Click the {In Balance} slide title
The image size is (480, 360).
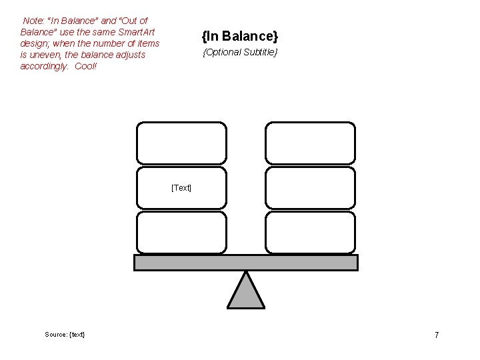239,35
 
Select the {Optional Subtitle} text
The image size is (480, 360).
239,52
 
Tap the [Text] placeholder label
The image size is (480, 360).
181,188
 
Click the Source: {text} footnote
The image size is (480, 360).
65,334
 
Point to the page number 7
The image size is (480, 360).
437,335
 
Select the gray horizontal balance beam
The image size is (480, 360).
246,263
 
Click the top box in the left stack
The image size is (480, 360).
181,143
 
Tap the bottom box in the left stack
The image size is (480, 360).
181,232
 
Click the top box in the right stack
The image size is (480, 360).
310,143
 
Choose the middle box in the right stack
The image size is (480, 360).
310,187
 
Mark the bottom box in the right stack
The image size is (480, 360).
310,232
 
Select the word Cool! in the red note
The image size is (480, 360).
86,67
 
